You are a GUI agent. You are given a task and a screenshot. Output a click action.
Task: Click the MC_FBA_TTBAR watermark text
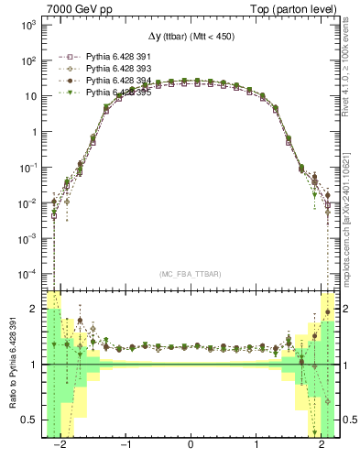click(x=190, y=274)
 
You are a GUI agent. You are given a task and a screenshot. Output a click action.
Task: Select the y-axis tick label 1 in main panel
click(x=33, y=131)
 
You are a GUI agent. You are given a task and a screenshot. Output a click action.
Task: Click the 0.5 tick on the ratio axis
click(x=29, y=420)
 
